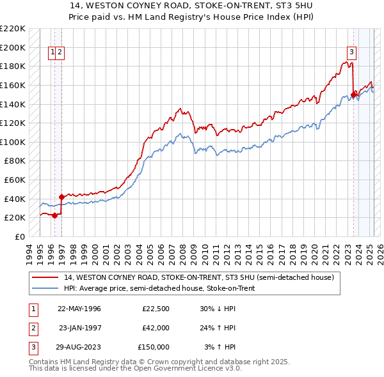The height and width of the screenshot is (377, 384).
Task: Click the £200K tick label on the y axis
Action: point(13,47)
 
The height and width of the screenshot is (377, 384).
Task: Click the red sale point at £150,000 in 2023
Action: point(353,95)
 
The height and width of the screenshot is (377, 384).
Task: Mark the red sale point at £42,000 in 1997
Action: point(61,197)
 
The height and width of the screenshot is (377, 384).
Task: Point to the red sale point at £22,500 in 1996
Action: point(54,215)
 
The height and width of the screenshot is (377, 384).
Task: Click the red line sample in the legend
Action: point(45,278)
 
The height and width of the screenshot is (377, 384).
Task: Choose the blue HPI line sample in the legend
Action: point(45,288)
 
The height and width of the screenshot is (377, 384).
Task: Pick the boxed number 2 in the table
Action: point(33,328)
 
